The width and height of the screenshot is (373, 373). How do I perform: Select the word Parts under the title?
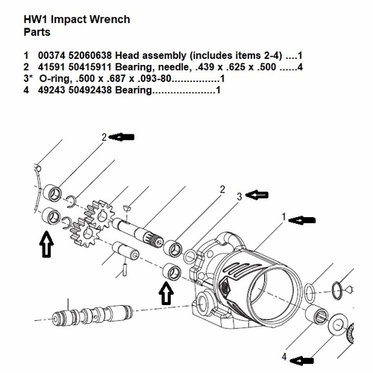pyautogui.click(x=40, y=32)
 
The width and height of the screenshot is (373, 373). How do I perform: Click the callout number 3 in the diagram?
pyautogui.click(x=239, y=196)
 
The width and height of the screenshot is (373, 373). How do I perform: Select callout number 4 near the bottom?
pyautogui.click(x=284, y=357)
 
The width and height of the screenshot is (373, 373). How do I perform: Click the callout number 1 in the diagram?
pyautogui.click(x=283, y=218)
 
